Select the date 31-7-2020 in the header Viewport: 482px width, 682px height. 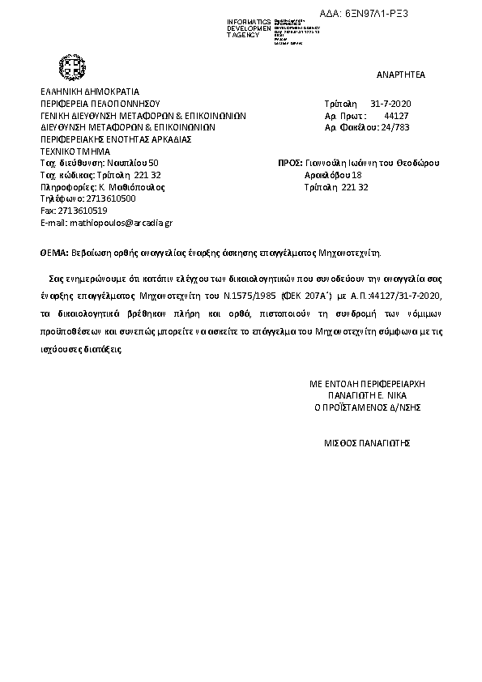pos(391,104)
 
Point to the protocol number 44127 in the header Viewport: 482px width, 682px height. pos(396,116)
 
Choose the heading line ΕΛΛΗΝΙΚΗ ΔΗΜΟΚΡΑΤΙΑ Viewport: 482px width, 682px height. pos(90,92)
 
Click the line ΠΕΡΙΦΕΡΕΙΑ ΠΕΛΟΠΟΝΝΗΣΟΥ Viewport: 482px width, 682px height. pos(100,104)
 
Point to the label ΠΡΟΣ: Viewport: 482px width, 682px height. pos(289,163)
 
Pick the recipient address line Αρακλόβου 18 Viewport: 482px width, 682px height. pos(333,175)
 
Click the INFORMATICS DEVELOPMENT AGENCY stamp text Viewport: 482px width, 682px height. pos(250,28)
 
